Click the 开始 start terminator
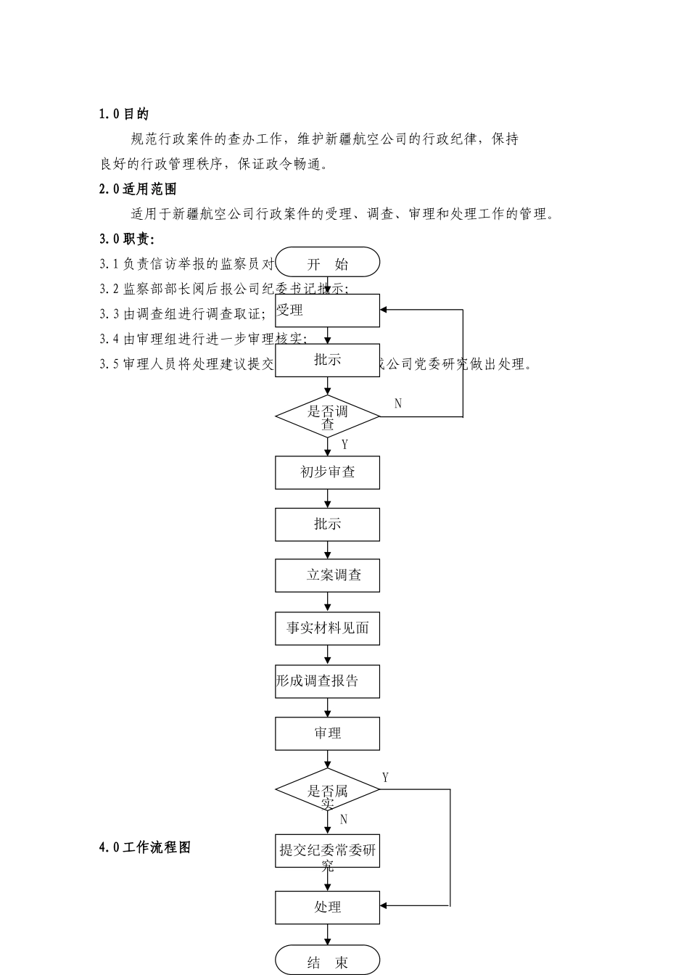328,263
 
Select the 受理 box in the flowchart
328,310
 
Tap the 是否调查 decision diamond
328,416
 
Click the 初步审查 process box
328,472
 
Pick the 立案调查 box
328,575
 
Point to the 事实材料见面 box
328,628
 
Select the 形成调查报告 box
328,681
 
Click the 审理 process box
328,733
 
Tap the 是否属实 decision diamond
328,789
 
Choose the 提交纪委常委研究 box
328,851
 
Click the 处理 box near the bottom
328,907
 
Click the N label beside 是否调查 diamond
398,404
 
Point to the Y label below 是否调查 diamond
344,445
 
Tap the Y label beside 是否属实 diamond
385,778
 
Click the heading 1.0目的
124,114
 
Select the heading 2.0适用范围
138,189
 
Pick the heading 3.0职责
127,239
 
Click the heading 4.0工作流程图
145,847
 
